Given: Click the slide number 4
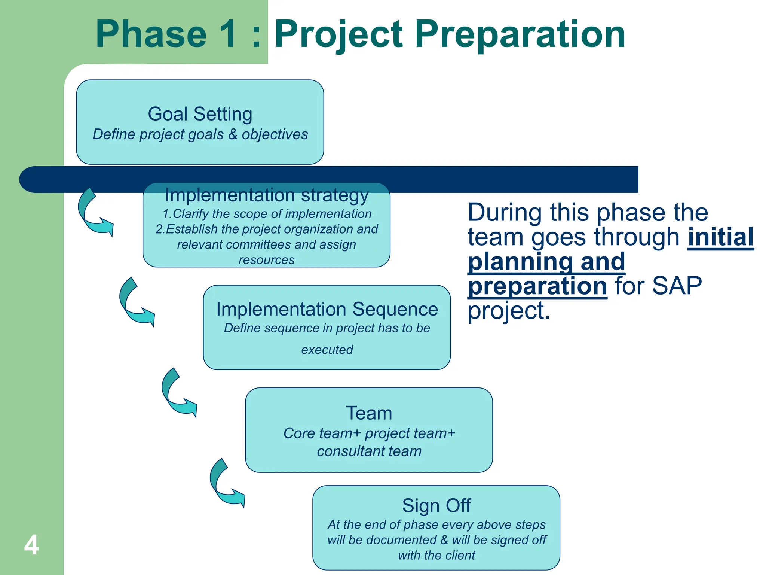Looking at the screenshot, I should tap(31, 545).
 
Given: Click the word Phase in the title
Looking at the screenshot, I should tap(151, 34).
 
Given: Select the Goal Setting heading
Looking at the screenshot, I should tap(200, 114).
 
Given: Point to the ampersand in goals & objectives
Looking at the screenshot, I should tap(233, 134).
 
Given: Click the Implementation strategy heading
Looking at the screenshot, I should tap(267, 195).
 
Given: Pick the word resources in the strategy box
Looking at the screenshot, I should tap(267, 259).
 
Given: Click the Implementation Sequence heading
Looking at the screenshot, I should tap(327, 309).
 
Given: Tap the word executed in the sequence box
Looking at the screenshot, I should tap(327, 349).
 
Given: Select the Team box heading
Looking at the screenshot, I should tap(369, 413).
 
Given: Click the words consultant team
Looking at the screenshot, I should tap(369, 451).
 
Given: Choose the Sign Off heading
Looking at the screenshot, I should tap(436, 505).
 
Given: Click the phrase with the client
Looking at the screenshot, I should tap(436, 555).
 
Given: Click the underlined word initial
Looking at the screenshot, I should tap(720, 237).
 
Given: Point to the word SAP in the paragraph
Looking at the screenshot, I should tap(677, 286).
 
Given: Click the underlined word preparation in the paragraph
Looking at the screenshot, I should tap(537, 286).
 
